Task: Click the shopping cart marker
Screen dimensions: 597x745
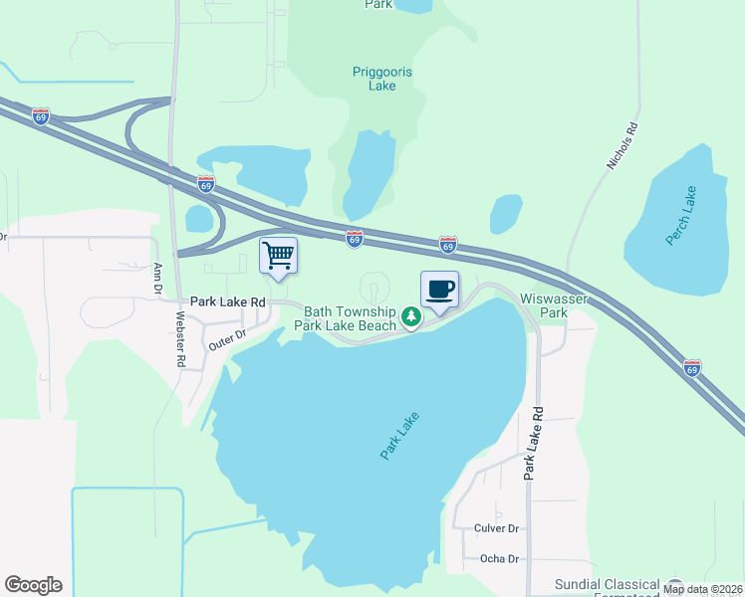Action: pos(279,255)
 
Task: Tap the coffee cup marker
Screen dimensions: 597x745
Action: pos(440,290)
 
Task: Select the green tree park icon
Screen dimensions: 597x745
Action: pos(410,317)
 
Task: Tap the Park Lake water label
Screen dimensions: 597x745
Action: pos(399,436)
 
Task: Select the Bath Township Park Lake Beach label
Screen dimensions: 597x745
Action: pos(350,318)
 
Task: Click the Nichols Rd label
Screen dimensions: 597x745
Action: pos(621,145)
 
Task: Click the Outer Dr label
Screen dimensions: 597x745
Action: pos(226,338)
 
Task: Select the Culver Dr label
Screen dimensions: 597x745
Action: pos(499,528)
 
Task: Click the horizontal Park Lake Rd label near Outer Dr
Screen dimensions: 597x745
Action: pos(228,300)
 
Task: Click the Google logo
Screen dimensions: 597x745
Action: pos(33,585)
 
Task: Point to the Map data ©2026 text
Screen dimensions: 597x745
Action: pos(703,589)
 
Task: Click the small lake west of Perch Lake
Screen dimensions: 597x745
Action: pos(506,213)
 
